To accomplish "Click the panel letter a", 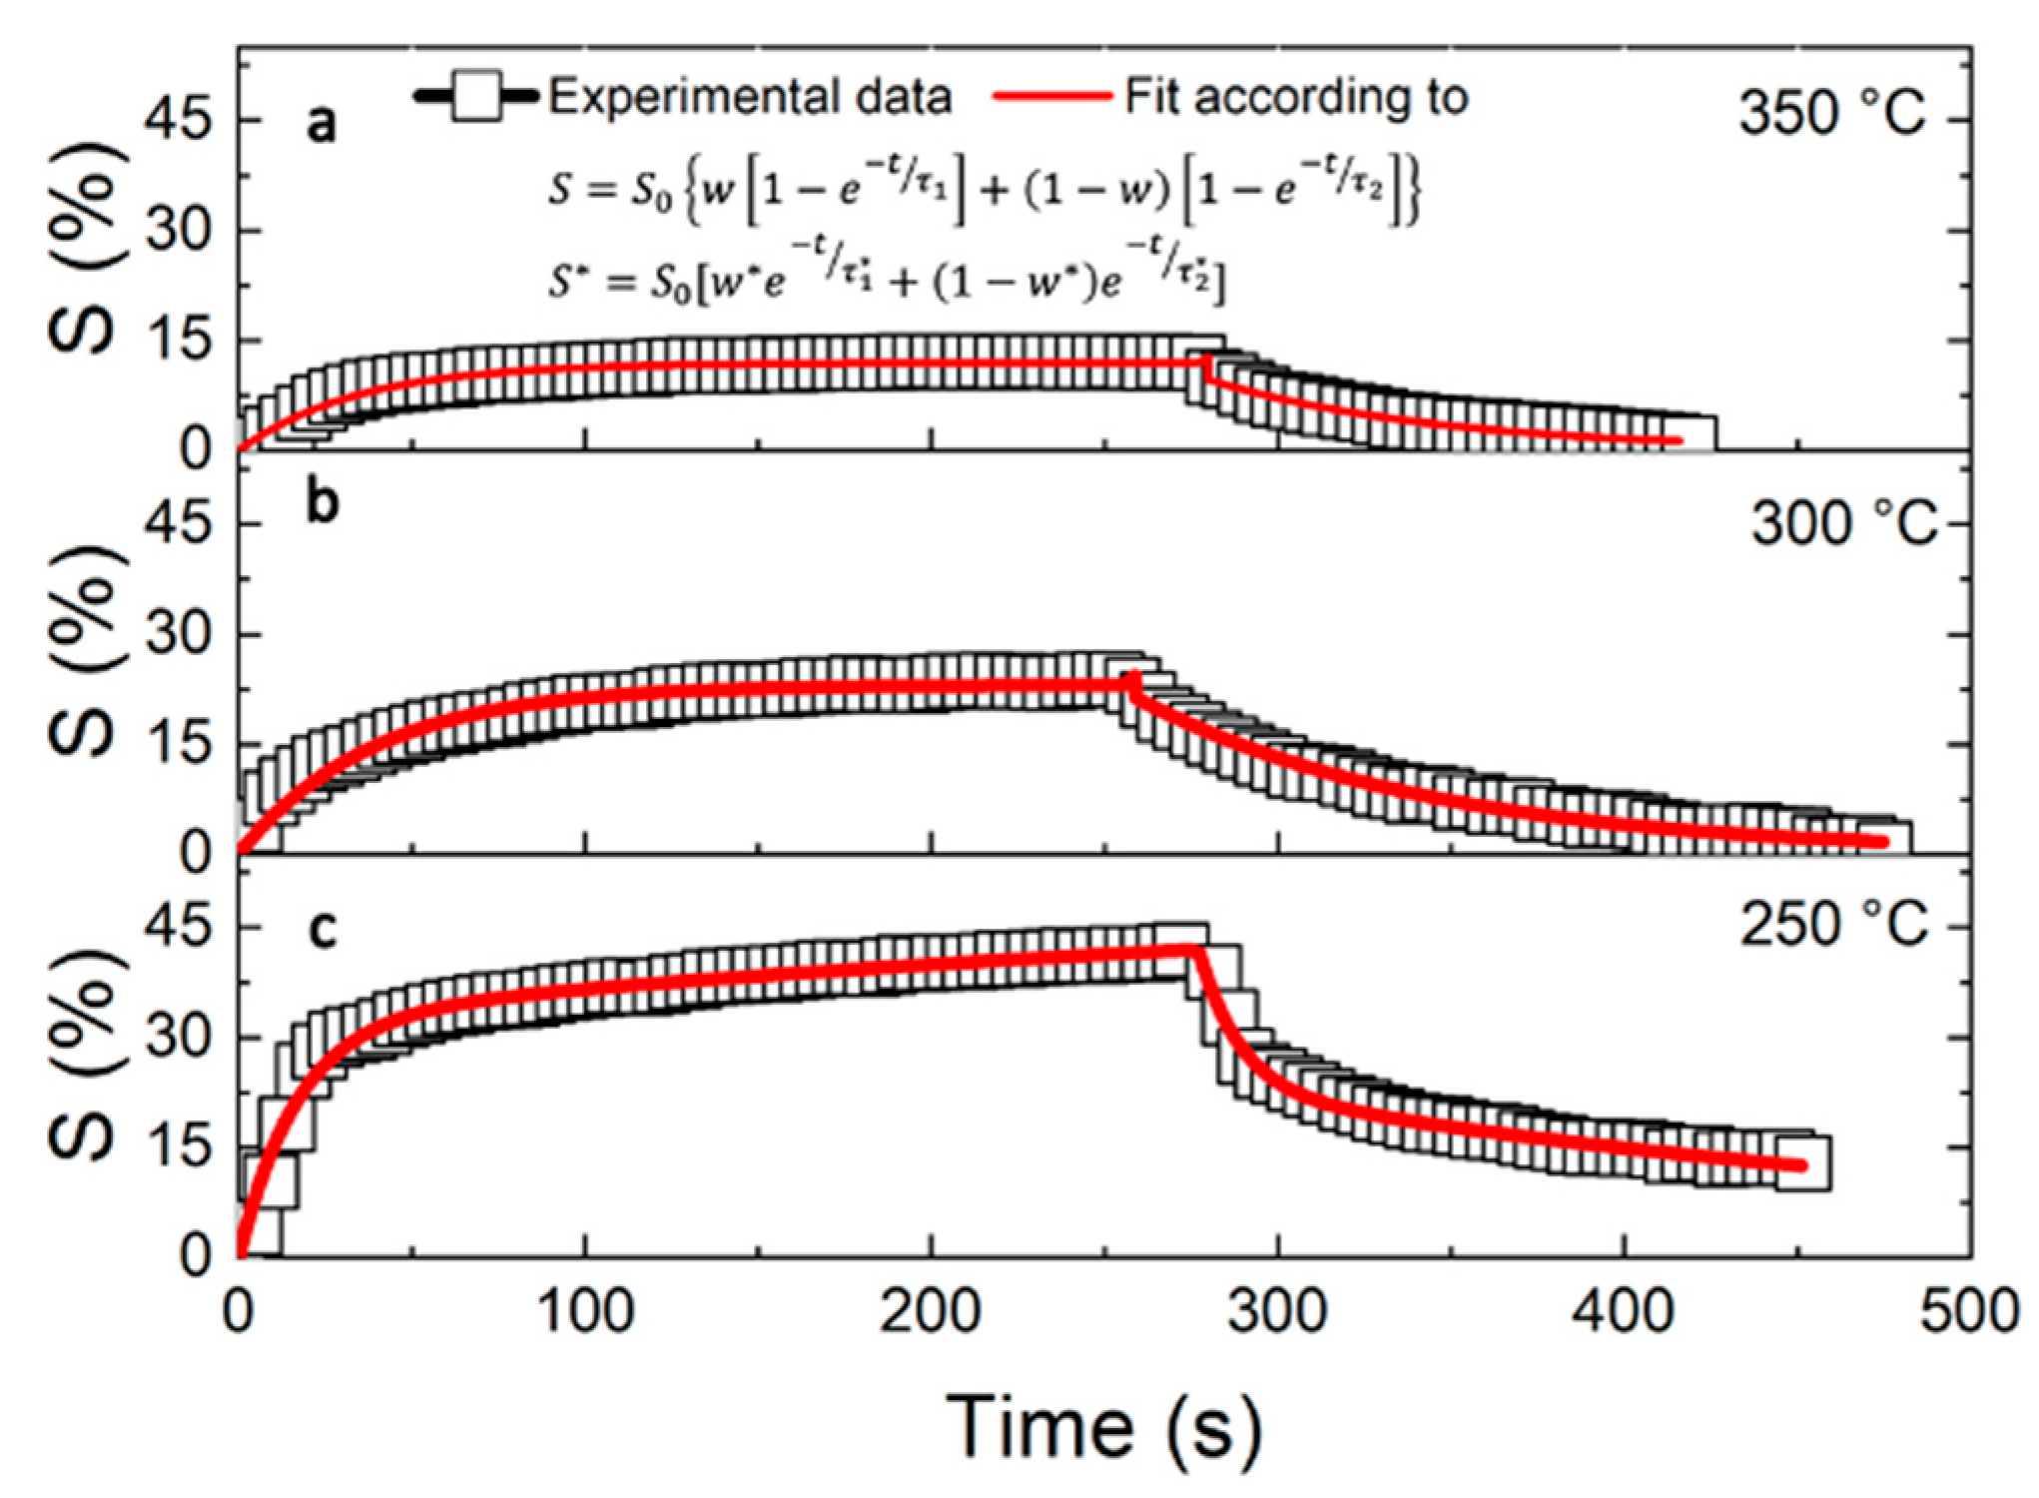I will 322,125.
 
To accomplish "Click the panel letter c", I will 322,929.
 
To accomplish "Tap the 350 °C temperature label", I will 1831,112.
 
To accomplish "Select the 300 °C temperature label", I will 1843,522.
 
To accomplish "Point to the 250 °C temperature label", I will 1833,924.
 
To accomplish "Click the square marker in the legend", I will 476,97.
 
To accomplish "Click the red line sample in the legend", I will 1051,97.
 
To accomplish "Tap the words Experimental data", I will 750,97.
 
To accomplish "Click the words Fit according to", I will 1296,97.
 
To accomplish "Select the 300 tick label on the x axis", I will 1277,1311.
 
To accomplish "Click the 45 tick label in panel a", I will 179,121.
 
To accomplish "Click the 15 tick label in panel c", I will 179,1145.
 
